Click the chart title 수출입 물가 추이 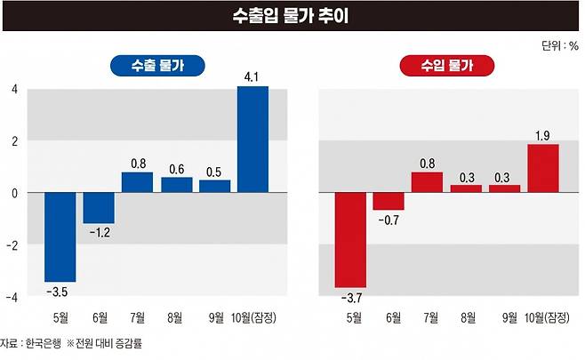292,16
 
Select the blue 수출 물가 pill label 156,67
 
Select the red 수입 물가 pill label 447,67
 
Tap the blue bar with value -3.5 60,236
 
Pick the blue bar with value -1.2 99,207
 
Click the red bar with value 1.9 543,168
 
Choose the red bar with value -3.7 350,239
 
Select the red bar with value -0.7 389,201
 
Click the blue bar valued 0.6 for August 176,184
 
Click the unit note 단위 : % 558,44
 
